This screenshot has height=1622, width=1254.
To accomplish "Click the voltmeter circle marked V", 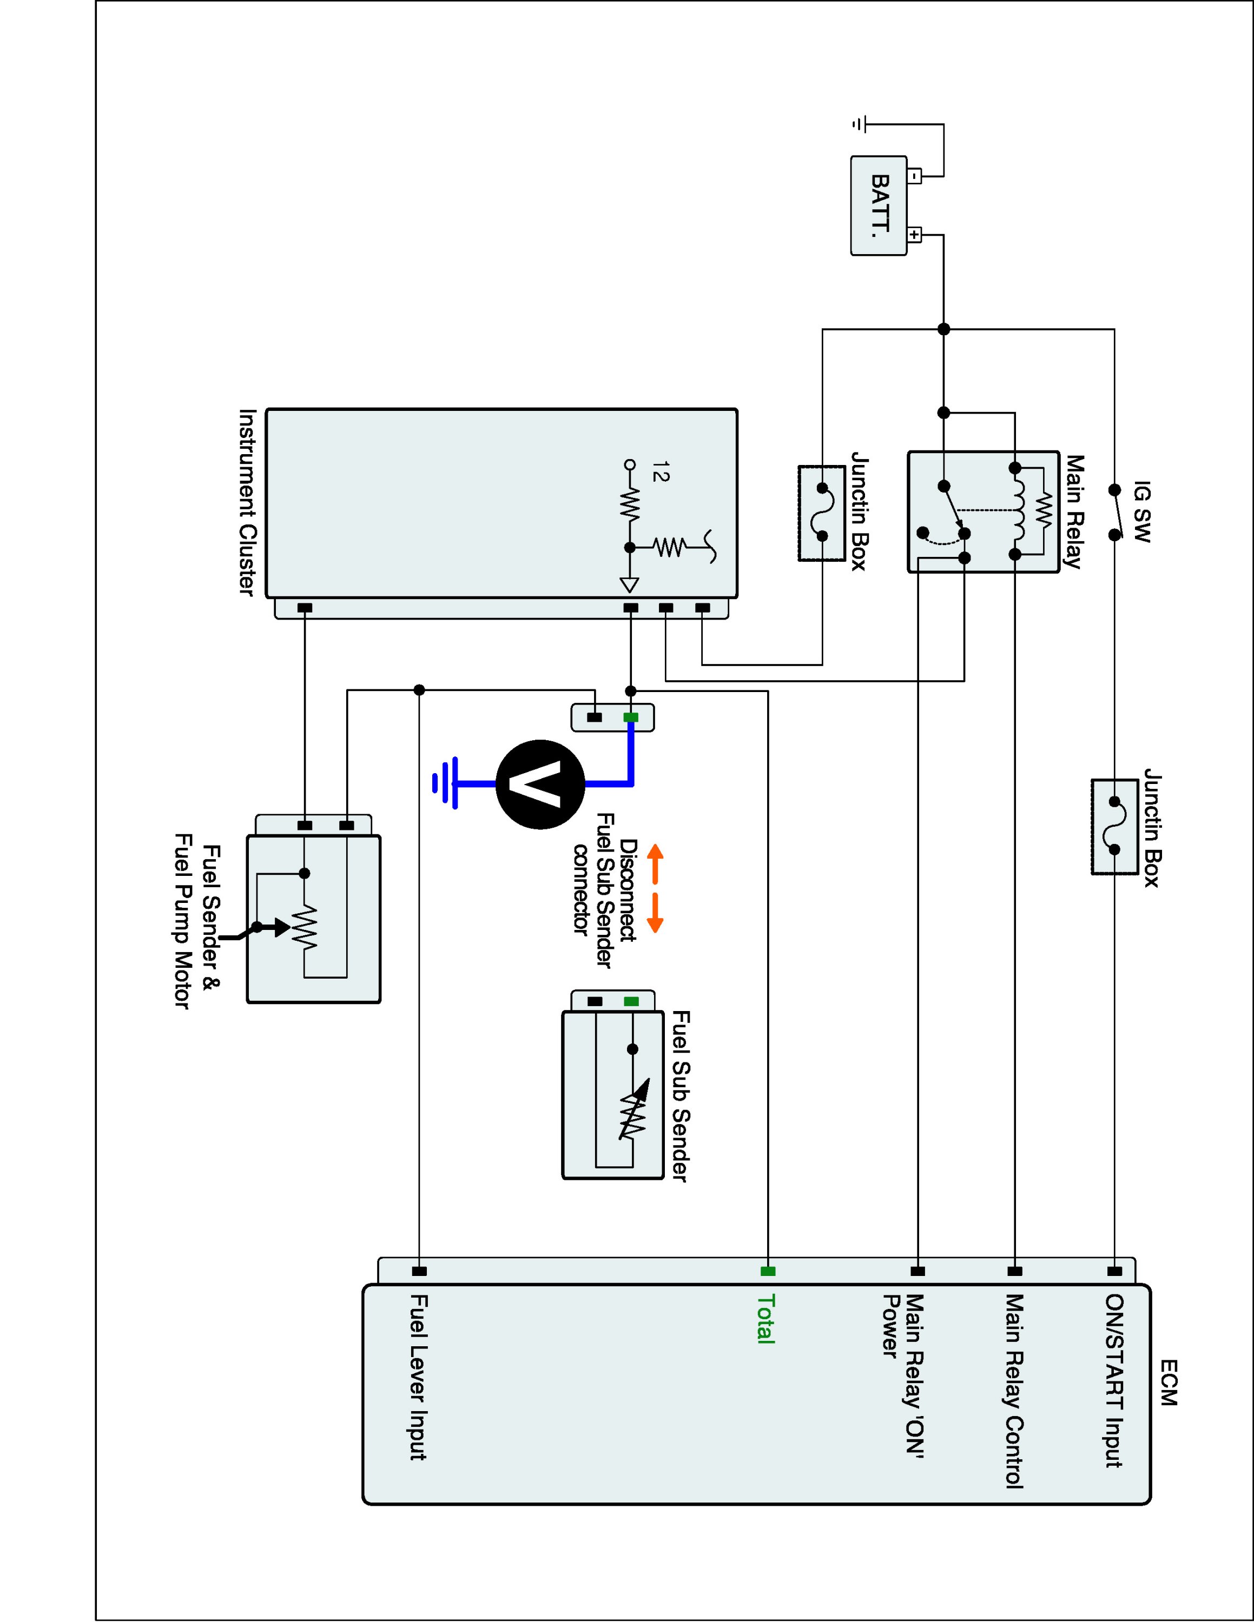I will click(x=540, y=785).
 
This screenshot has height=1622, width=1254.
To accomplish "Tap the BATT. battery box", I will click(x=879, y=205).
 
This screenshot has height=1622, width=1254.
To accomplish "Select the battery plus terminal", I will click(x=914, y=235).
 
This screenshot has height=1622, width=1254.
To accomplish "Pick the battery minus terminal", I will click(x=914, y=177).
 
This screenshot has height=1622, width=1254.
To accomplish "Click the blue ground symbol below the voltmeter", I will click(x=445, y=783).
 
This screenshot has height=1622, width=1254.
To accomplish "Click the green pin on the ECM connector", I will click(x=768, y=1272).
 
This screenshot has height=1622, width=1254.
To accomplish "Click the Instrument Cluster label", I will click(x=247, y=502).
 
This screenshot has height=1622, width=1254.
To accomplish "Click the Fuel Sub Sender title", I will click(x=679, y=1095).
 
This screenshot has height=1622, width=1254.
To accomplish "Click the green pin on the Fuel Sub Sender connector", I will click(x=631, y=1002).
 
